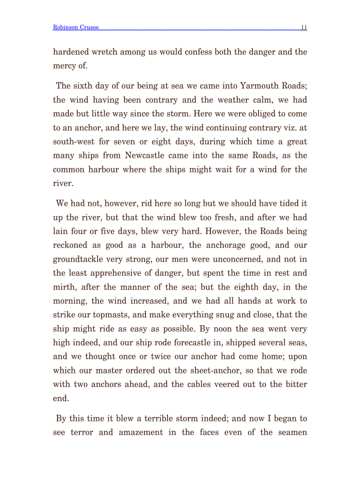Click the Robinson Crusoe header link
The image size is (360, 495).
click(x=75, y=27)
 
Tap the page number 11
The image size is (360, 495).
click(x=304, y=27)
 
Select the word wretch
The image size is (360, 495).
click(x=106, y=52)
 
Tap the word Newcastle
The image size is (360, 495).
click(x=146, y=156)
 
